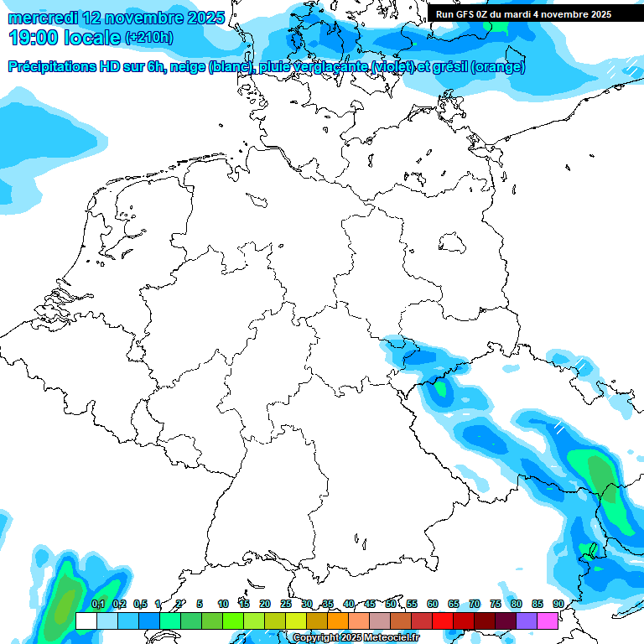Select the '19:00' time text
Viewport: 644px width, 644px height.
click(34, 37)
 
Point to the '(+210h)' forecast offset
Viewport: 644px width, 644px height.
click(148, 37)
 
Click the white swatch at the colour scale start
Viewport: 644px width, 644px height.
click(86, 621)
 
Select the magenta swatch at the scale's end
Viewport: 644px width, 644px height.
click(548, 621)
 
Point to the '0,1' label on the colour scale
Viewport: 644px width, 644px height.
click(98, 604)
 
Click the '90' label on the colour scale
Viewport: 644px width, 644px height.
click(558, 604)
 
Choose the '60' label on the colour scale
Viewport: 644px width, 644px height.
click(433, 604)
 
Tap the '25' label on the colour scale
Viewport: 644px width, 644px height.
click(286, 604)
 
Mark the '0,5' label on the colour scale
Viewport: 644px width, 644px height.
click(140, 604)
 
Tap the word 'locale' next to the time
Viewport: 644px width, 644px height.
click(91, 37)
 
